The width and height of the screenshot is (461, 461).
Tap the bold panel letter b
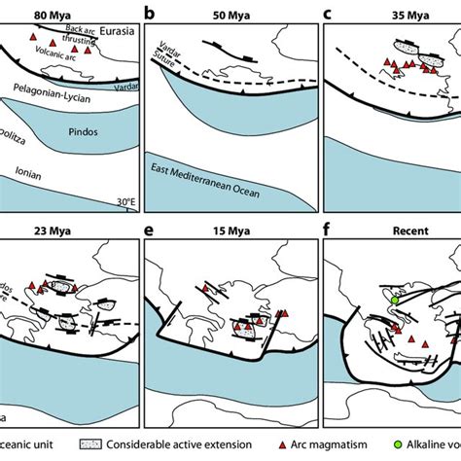coord(149,14)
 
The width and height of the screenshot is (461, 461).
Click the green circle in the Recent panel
coord(395,301)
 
